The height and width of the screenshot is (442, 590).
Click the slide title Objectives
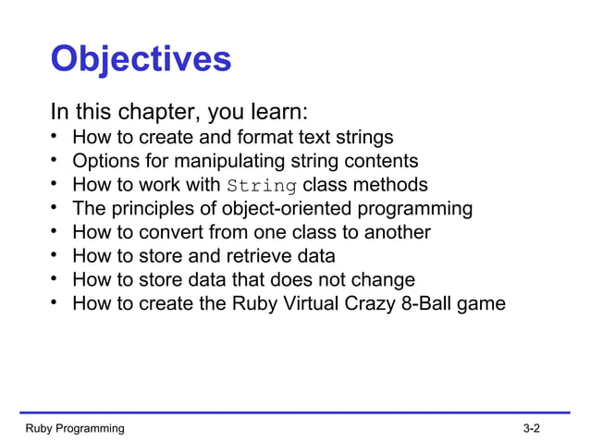coord(140,60)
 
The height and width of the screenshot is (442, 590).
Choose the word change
coord(383,279)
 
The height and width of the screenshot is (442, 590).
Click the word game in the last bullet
coord(486,303)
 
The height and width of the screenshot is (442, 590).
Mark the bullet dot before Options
coord(55,160)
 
